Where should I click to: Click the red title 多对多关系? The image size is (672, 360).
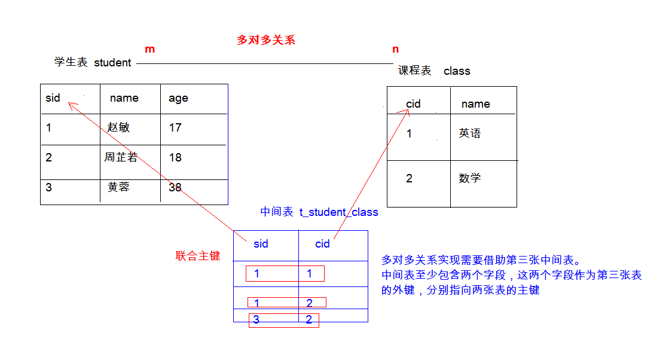pyautogui.click(x=266, y=40)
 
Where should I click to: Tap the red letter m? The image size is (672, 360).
pyautogui.click(x=149, y=49)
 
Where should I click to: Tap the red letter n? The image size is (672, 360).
pyautogui.click(x=395, y=49)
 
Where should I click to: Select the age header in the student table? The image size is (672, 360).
pyautogui.click(x=178, y=99)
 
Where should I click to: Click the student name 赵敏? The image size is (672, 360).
pyautogui.click(x=118, y=127)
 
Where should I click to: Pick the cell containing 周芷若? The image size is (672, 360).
pyautogui.click(x=121, y=157)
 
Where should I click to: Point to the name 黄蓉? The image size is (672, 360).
pyautogui.click(x=118, y=187)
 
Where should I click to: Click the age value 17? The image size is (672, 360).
pyautogui.click(x=175, y=127)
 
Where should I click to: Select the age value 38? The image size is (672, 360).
pyautogui.click(x=175, y=187)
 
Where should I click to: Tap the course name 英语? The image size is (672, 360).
pyautogui.click(x=469, y=133)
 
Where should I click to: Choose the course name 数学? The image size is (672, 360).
pyautogui.click(x=469, y=178)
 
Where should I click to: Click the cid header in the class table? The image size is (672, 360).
pyautogui.click(x=413, y=104)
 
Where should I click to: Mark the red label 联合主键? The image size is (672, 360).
pyautogui.click(x=198, y=256)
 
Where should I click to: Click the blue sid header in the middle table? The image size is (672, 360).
pyautogui.click(x=261, y=243)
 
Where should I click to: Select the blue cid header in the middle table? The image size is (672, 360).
pyautogui.click(x=322, y=243)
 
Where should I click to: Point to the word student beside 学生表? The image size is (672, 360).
pyautogui.click(x=112, y=63)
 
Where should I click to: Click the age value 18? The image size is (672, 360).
pyautogui.click(x=175, y=157)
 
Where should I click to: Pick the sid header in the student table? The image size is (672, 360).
pyautogui.click(x=53, y=98)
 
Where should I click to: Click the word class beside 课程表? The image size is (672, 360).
pyautogui.click(x=457, y=71)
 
